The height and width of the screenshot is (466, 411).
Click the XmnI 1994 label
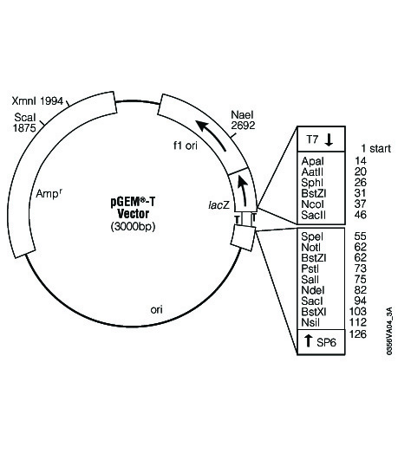tap(37, 101)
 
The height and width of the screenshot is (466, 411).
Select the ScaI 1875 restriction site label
tap(24, 122)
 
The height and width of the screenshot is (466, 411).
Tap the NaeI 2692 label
tap(243, 120)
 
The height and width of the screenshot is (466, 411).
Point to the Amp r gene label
tap(49, 193)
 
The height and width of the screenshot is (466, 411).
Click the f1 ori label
tap(186, 146)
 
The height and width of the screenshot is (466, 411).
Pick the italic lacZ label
tap(219, 204)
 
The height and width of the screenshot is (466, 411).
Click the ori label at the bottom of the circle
tap(157, 310)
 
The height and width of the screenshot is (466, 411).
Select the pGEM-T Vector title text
tap(133, 208)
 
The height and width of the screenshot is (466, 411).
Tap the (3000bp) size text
tap(133, 226)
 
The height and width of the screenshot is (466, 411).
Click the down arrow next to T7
tap(329, 139)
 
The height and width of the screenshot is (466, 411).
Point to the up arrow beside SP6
tap(308, 340)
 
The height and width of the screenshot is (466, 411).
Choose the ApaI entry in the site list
tap(312, 161)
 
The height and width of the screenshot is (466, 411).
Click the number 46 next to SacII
tap(361, 215)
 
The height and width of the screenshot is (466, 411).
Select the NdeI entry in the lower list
tap(313, 290)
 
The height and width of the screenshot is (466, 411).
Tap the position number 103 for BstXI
tap(358, 312)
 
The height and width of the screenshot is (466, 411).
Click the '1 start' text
tap(375, 148)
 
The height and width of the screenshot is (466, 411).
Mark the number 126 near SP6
tap(358, 334)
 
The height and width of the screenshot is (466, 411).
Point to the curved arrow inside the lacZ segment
tap(244, 191)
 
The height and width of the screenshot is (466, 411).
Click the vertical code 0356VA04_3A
tap(389, 331)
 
